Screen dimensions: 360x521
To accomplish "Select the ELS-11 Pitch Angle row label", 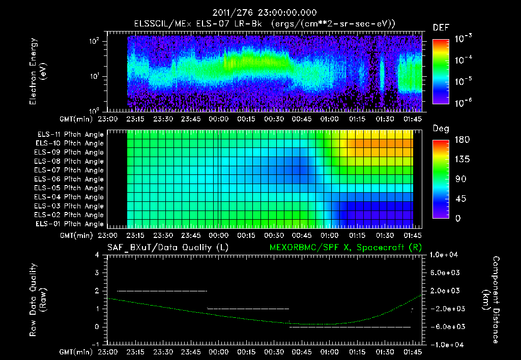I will pos(70,135).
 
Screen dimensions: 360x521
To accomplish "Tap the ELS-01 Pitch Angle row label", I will pos(70,224).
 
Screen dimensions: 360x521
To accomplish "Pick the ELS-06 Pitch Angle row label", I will pos(70,179).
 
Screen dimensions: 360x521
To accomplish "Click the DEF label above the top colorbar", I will pos(441,27).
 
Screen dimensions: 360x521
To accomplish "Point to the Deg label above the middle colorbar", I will pos(441,129).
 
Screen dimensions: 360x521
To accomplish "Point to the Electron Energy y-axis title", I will pos(38,73).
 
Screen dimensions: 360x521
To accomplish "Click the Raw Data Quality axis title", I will pos(38,300).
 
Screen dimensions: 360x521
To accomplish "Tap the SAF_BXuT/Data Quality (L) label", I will pos(167,247).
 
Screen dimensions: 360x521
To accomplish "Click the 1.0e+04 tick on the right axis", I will pos(446,255).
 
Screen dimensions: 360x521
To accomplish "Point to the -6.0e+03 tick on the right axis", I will pos(446,326).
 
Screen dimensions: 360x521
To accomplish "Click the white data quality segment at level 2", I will pos(162,291).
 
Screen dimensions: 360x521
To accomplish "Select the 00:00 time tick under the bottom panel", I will pos(218,352).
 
